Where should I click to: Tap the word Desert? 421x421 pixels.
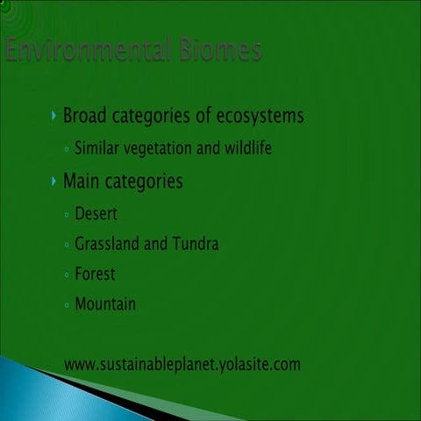pyautogui.click(x=96, y=213)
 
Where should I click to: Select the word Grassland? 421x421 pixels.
pyautogui.click(x=109, y=244)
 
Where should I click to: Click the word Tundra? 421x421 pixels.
pyautogui.click(x=196, y=244)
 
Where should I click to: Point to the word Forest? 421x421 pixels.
pyautogui.click(x=95, y=274)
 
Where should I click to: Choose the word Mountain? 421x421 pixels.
pyautogui.click(x=105, y=304)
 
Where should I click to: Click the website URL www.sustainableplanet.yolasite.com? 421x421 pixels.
pyautogui.click(x=182, y=363)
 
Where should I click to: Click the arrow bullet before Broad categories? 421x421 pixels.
pyautogui.click(x=54, y=116)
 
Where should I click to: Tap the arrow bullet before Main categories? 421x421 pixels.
pyautogui.click(x=54, y=182)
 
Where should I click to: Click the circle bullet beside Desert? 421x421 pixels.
pyautogui.click(x=68, y=214)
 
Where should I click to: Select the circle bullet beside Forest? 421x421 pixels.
pyautogui.click(x=68, y=275)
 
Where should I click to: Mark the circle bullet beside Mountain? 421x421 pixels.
pyautogui.click(x=68, y=305)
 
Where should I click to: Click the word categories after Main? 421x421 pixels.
pyautogui.click(x=144, y=182)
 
